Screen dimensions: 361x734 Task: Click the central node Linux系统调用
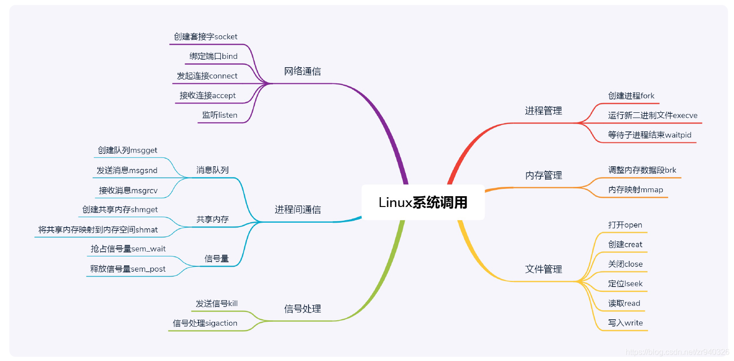click(x=423, y=203)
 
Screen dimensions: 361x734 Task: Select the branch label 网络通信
click(x=302, y=71)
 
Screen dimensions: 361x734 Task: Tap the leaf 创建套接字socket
click(x=206, y=37)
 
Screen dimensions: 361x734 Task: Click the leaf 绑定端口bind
click(x=213, y=56)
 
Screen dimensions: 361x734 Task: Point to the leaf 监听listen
click(x=220, y=115)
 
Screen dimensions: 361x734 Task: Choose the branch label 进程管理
click(x=543, y=111)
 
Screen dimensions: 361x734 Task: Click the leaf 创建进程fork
click(x=631, y=96)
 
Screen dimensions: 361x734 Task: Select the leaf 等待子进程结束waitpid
click(x=650, y=135)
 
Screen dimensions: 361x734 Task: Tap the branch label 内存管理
click(x=543, y=175)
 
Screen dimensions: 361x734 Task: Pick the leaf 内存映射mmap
click(x=635, y=190)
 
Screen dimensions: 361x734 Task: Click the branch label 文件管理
click(x=543, y=269)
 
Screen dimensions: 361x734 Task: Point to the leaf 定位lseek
click(x=625, y=284)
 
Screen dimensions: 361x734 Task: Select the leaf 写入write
click(x=625, y=323)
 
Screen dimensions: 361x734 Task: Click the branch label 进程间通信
click(x=297, y=210)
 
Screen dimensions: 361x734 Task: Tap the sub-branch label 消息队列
click(x=212, y=170)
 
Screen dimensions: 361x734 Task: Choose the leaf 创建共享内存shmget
click(x=120, y=209)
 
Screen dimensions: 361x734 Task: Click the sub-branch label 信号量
click(x=216, y=258)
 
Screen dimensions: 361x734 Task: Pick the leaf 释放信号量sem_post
click(x=128, y=269)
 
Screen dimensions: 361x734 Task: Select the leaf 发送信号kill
click(x=216, y=304)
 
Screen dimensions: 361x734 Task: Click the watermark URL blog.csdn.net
click(x=678, y=352)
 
